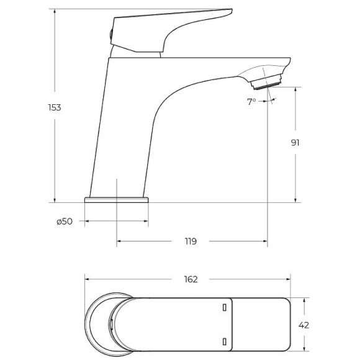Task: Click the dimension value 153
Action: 55,107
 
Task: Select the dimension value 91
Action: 295,142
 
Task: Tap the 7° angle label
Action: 251,101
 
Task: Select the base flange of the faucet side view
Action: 117,200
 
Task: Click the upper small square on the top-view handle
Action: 224,307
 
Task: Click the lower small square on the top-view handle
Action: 224,340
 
